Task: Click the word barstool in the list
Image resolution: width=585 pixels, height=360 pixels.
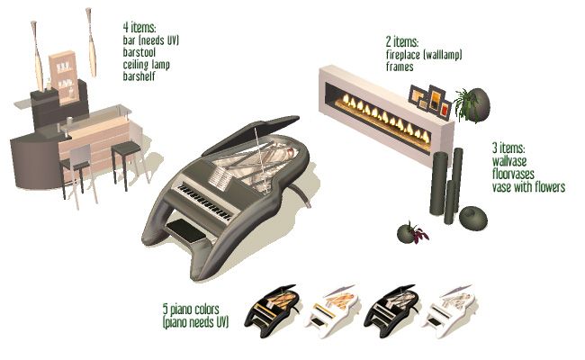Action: pyautogui.click(x=139, y=52)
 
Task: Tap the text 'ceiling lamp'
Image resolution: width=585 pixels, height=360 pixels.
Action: pyautogui.click(x=146, y=65)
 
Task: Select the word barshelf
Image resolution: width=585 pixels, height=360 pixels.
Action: pyautogui.click(x=139, y=76)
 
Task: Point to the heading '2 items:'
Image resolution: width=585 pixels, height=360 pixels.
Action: pyautogui.click(x=402, y=41)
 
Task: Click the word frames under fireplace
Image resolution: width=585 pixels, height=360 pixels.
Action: pyautogui.click(x=400, y=67)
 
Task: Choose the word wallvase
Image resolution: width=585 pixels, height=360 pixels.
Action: pyautogui.click(x=509, y=161)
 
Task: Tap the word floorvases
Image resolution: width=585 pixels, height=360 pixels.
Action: pyautogui.click(x=513, y=174)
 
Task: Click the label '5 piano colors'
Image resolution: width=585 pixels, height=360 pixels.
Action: pyautogui.click(x=191, y=310)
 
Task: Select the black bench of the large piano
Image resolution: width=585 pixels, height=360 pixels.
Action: pyautogui.click(x=185, y=229)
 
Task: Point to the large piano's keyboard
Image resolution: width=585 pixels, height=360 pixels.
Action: pyautogui.click(x=204, y=201)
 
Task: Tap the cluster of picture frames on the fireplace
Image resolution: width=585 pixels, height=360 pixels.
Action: pyautogui.click(x=429, y=101)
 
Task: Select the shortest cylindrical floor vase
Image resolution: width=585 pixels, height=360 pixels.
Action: pyautogui.click(x=450, y=202)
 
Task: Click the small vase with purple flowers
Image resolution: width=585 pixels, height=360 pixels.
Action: pyautogui.click(x=411, y=233)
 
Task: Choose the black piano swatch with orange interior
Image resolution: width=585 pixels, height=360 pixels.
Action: pyautogui.click(x=271, y=310)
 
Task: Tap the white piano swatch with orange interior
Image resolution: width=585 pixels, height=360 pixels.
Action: pyautogui.click(x=331, y=310)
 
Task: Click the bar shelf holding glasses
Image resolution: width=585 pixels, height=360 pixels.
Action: pyautogui.click(x=65, y=77)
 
